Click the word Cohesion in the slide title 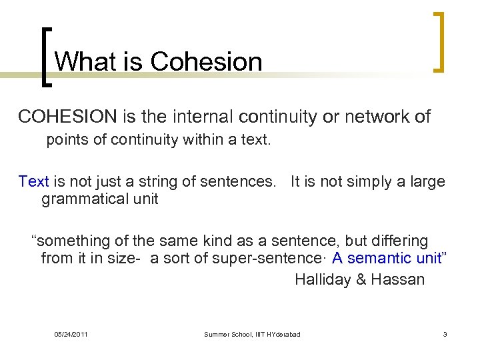point(207,61)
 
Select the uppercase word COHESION point(67,117)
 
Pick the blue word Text point(34,182)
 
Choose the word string point(147,182)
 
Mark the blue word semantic point(385,259)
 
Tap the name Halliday point(321,279)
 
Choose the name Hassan point(398,279)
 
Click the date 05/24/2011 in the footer point(71,334)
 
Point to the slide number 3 point(445,334)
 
